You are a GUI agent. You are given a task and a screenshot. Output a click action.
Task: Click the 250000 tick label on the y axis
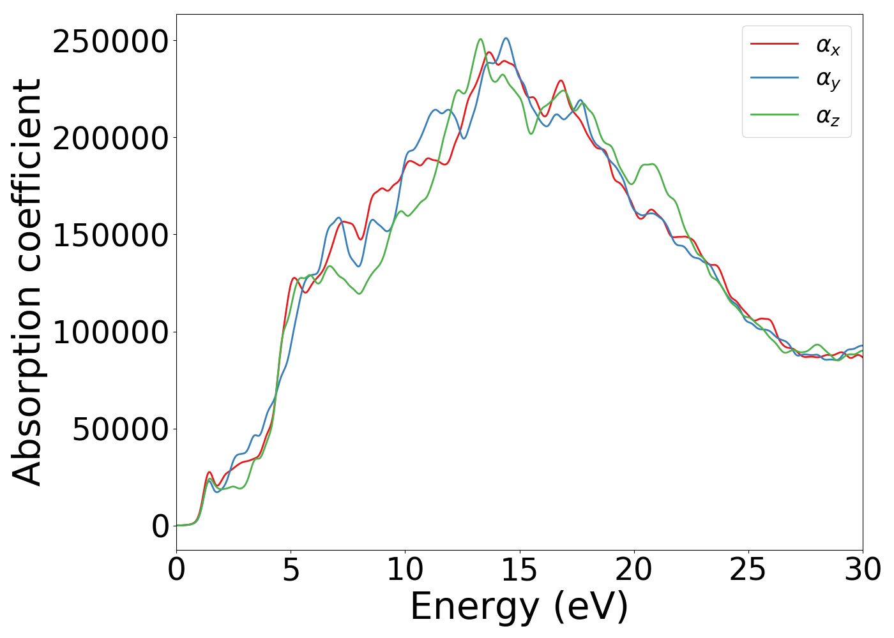pos(110,42)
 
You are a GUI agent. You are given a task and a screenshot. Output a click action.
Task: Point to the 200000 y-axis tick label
pos(110,139)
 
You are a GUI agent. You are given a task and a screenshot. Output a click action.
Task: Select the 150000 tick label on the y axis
pos(110,236)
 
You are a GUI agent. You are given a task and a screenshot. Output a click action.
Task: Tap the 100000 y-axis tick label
pos(110,333)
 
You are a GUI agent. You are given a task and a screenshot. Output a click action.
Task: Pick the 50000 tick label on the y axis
pos(120,430)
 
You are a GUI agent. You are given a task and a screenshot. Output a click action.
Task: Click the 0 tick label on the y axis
pos(160,527)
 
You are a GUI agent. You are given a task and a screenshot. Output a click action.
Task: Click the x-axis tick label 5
pos(291,570)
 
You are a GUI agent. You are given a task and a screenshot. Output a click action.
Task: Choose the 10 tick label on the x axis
pos(405,570)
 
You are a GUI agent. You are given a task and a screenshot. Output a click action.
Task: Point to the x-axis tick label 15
pos(519,570)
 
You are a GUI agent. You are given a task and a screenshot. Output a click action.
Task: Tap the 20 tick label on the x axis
pos(633,570)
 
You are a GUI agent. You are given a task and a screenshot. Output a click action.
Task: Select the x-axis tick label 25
pos(748,570)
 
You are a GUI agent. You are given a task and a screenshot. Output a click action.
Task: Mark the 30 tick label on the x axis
pos(862,570)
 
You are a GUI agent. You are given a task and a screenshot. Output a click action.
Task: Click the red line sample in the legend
pos(774,44)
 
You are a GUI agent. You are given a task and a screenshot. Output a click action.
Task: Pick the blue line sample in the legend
pos(774,78)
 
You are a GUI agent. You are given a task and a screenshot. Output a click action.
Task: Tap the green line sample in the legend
pos(774,114)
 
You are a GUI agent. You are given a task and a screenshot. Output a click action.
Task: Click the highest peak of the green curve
pos(480,40)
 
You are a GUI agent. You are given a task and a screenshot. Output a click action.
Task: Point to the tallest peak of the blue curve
pos(506,38)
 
